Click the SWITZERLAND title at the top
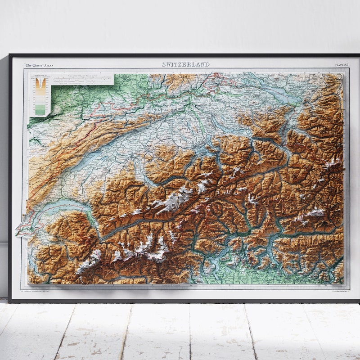tap(186, 64)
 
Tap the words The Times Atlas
tap(39, 65)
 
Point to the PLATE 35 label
tap(342, 65)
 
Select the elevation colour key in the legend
tap(40, 97)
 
